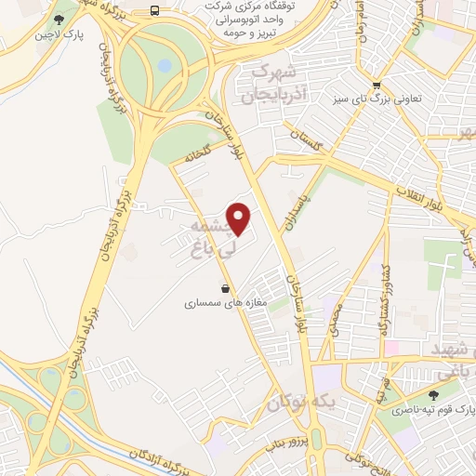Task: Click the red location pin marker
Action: pyautogui.click(x=240, y=218)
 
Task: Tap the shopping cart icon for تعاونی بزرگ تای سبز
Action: pyautogui.click(x=375, y=82)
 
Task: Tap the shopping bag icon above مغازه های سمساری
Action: pyautogui.click(x=224, y=287)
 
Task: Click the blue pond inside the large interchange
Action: pyautogui.click(x=165, y=67)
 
